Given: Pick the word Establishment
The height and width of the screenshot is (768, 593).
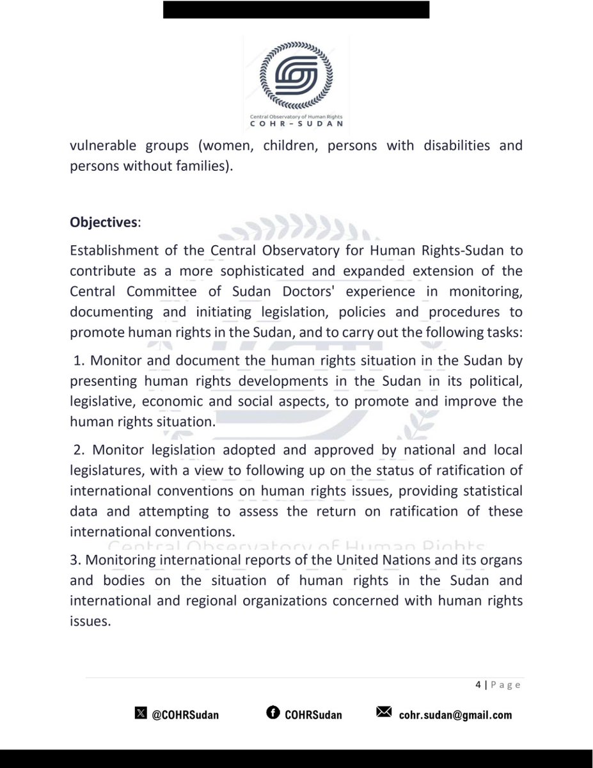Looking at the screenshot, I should [111, 250].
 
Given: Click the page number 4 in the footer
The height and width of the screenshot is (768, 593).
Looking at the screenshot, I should [478, 685].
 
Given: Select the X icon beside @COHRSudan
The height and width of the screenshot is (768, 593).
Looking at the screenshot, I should [141, 714].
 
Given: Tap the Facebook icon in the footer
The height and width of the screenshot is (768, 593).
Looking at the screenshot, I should [272, 714].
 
